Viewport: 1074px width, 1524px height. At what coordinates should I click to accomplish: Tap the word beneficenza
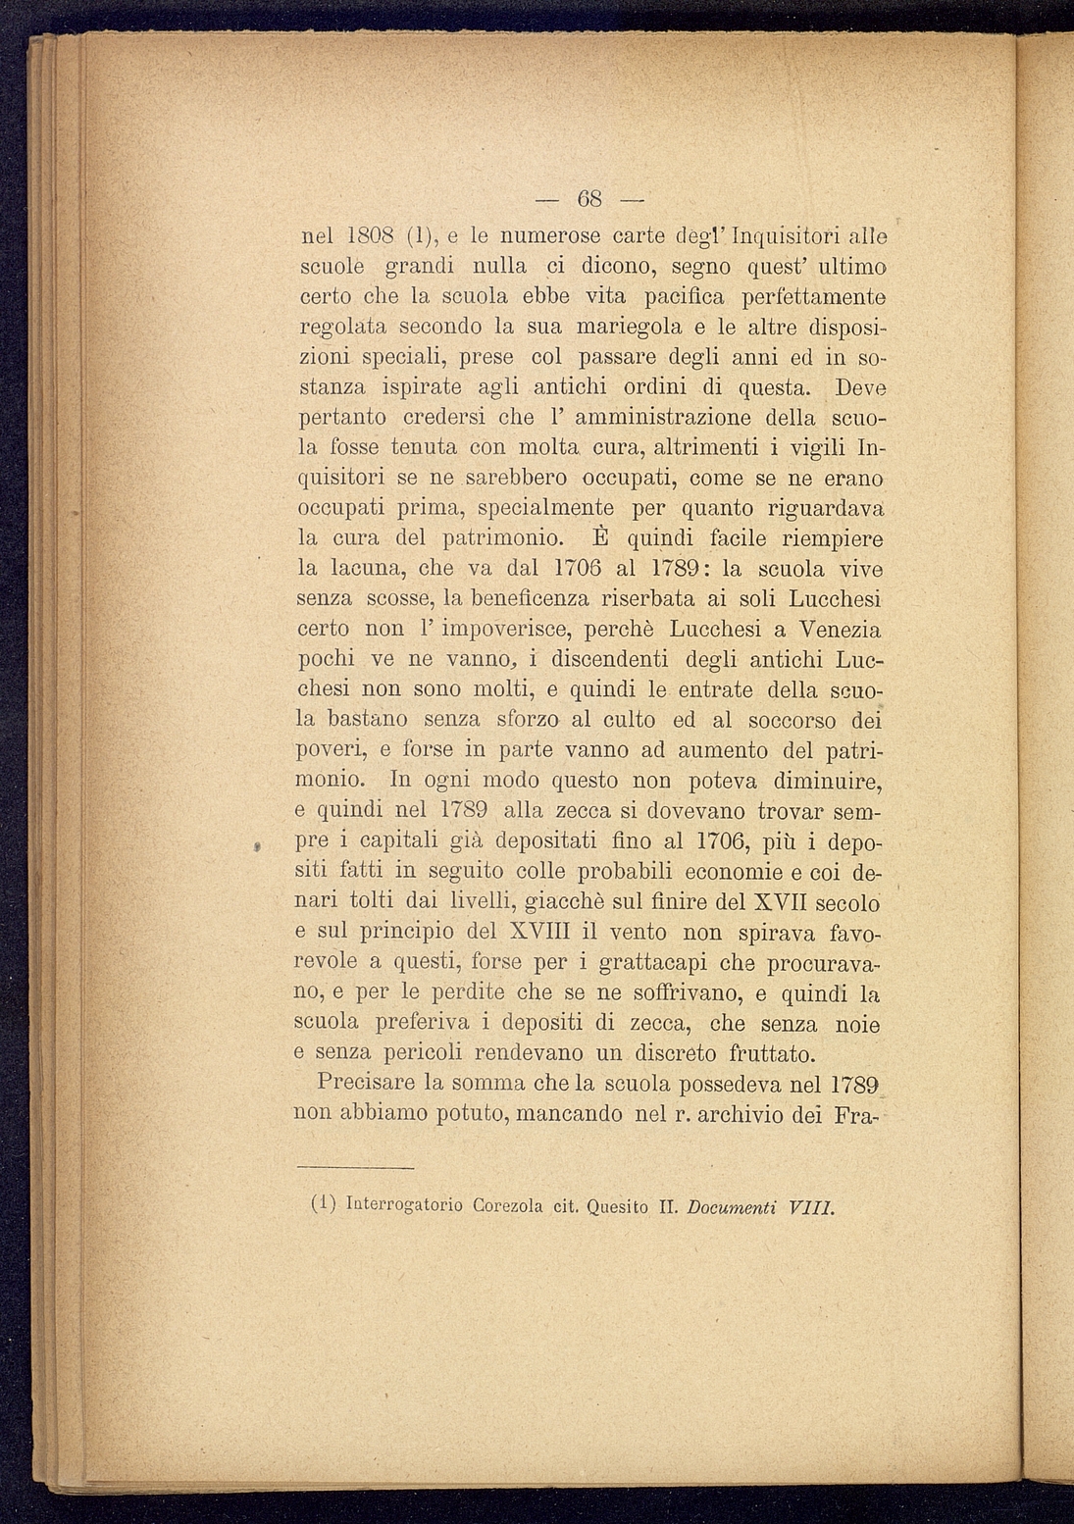531,597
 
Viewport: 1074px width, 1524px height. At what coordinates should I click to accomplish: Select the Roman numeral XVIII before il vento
539,931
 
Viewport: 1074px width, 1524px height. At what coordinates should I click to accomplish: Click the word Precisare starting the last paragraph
366,1085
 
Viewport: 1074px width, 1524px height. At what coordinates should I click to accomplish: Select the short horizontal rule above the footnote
355,1167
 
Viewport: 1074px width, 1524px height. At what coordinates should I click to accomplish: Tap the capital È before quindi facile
602,537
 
